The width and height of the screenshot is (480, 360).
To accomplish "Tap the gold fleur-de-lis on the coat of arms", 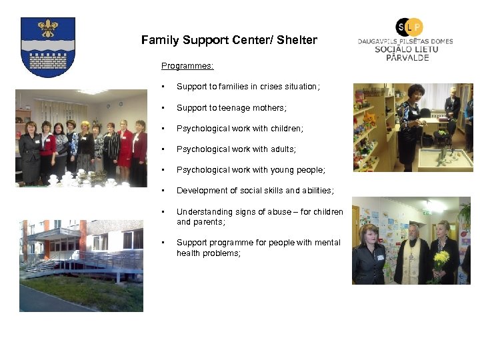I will click(47, 29).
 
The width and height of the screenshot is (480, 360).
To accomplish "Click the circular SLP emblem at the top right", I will click(409, 27).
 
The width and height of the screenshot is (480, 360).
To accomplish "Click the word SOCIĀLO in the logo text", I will click(393, 49).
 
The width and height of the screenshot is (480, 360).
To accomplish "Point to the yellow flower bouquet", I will click(441, 259).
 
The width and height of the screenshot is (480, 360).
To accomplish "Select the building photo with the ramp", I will click(81, 265).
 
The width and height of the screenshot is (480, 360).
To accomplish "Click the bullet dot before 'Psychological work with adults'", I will click(162, 149).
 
